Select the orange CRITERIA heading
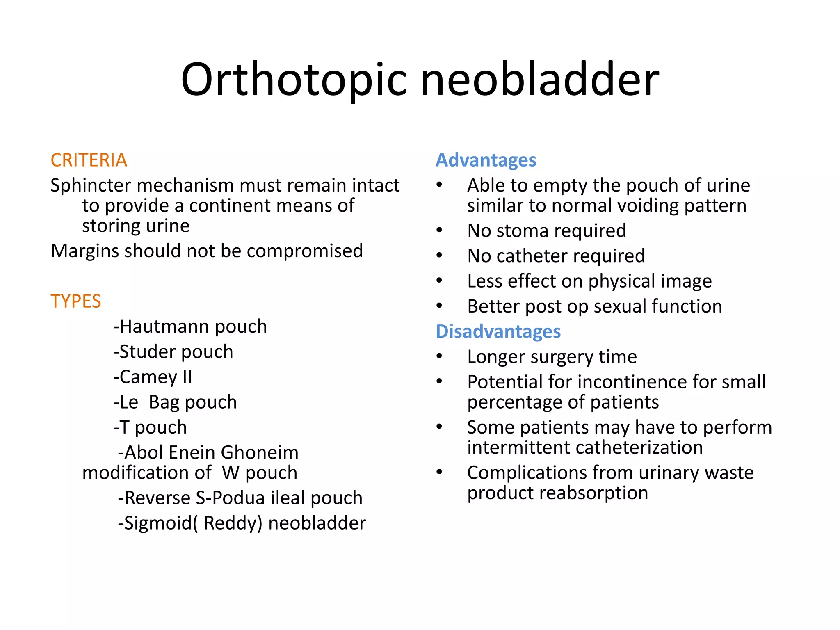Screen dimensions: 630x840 click(x=89, y=160)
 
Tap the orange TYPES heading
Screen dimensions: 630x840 click(x=75, y=301)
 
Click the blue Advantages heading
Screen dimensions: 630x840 click(x=486, y=160)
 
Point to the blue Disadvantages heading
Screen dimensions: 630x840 click(x=498, y=331)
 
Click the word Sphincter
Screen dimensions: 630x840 click(x=91, y=186)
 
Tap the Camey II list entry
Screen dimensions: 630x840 click(x=153, y=377)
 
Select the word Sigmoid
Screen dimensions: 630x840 click(x=158, y=523)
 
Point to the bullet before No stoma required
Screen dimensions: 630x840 click(x=439, y=231)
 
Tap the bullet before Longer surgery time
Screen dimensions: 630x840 click(x=439, y=356)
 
